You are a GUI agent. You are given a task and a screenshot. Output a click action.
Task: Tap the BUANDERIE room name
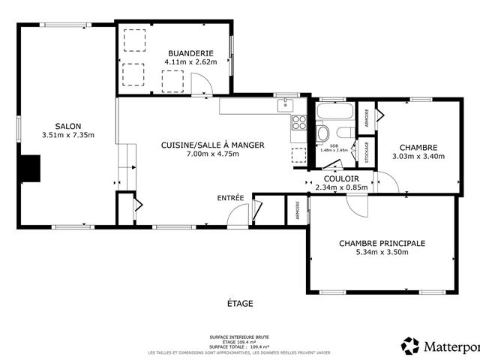[x=190, y=53]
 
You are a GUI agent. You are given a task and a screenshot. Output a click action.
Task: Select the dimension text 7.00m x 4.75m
[x=212, y=154]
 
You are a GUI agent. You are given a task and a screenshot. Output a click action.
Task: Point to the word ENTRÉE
[x=230, y=198]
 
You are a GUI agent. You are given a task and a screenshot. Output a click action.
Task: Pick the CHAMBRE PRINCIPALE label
[x=382, y=243]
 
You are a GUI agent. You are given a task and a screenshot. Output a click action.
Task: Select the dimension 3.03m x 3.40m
[x=418, y=157]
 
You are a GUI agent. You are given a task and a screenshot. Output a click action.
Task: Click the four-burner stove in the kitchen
[x=299, y=122]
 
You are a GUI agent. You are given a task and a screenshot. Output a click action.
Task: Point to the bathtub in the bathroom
[x=334, y=112]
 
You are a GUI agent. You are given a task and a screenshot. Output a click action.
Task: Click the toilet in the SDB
[x=323, y=133]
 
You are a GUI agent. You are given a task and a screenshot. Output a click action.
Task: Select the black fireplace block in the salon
[x=30, y=169]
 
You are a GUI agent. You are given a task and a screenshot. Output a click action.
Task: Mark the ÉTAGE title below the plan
[x=240, y=304]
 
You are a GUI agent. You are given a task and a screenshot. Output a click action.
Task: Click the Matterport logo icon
[x=410, y=346]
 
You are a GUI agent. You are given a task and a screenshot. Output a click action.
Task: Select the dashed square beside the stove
[x=298, y=154]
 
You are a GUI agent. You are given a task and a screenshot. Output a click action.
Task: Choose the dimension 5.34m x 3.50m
[x=382, y=253]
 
